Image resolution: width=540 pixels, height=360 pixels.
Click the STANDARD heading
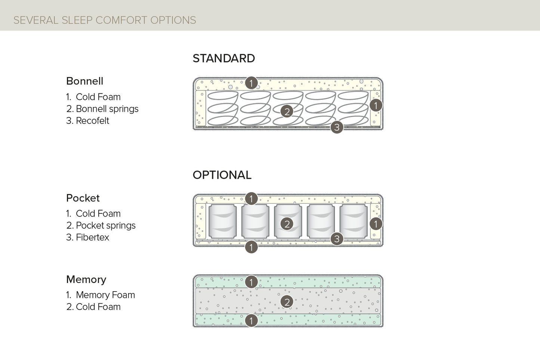pyautogui.click(x=223, y=58)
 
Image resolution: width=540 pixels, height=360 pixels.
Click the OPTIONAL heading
pyautogui.click(x=222, y=175)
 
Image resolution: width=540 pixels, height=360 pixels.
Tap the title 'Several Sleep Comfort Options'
pyautogui.click(x=105, y=20)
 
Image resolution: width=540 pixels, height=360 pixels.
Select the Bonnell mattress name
pyautogui.click(x=84, y=81)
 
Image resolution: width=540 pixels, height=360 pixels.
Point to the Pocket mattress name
pyautogui.click(x=83, y=198)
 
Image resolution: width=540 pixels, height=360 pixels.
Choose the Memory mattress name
pyautogui.click(x=86, y=280)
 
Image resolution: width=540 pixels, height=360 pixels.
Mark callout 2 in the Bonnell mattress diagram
pyautogui.click(x=287, y=111)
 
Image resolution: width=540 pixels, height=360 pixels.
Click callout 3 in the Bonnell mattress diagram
pyautogui.click(x=337, y=127)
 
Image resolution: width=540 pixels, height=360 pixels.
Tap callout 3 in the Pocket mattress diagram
pyautogui.click(x=337, y=239)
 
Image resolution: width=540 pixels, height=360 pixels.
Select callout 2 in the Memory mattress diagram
pyautogui.click(x=287, y=302)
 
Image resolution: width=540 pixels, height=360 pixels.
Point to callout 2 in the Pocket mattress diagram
pyautogui.click(x=287, y=224)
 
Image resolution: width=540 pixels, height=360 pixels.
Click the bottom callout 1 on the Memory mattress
pyautogui.click(x=251, y=320)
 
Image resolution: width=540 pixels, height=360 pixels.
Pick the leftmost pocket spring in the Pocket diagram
pyautogui.click(x=222, y=221)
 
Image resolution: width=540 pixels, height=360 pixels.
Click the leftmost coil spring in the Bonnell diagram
pyautogui.click(x=222, y=108)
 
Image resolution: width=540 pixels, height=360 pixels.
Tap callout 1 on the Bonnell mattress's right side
pyautogui.click(x=376, y=105)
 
